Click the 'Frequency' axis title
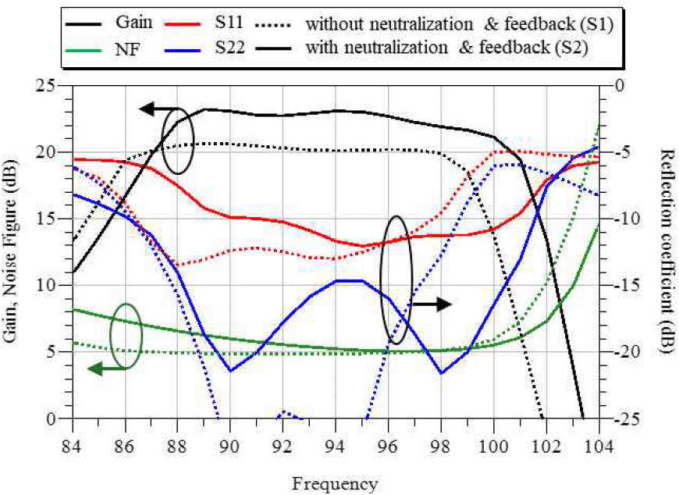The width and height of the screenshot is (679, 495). pyautogui.click(x=336, y=483)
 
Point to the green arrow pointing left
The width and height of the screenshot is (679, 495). pyautogui.click(x=105, y=369)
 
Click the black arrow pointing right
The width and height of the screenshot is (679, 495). pyautogui.click(x=432, y=304)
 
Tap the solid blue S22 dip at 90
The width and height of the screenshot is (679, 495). pyautogui.click(x=230, y=371)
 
